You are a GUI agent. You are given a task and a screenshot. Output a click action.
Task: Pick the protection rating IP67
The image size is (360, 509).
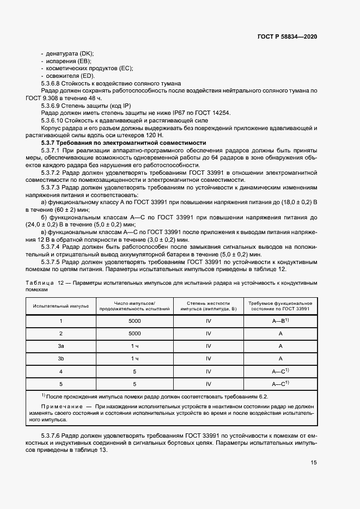click(x=163, y=113)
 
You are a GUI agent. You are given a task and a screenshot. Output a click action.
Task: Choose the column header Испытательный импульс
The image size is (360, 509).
click(x=61, y=305)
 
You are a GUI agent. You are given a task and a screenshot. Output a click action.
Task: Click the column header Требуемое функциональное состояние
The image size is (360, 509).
click(x=280, y=305)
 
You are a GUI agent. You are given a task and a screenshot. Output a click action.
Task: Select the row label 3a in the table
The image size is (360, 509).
click(x=61, y=346)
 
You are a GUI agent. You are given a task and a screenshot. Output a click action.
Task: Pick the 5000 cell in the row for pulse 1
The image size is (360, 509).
click(x=135, y=321)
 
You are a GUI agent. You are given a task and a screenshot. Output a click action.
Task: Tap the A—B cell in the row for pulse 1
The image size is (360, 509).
click(x=280, y=321)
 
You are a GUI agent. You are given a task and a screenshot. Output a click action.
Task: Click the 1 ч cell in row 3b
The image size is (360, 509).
click(x=135, y=359)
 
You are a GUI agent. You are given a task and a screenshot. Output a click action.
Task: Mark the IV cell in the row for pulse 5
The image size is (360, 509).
click(x=208, y=384)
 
